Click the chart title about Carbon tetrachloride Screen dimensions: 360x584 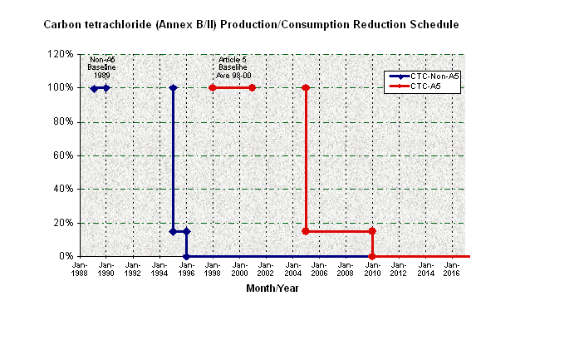click(251, 25)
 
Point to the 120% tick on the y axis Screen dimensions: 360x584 click(62, 54)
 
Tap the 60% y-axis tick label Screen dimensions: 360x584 click(65, 155)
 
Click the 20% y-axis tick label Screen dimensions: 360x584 click(65, 223)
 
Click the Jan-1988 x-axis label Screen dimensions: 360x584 click(79, 269)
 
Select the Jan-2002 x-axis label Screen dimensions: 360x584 click(265, 269)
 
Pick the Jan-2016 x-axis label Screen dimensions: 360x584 click(451, 269)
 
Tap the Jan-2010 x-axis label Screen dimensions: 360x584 click(371, 269)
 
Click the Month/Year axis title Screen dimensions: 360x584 click(272, 288)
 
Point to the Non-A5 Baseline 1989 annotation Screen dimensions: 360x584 click(102, 67)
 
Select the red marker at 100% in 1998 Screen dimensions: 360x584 click(213, 87)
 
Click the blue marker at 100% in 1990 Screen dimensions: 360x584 click(106, 87)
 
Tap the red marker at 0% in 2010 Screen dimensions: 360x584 click(372, 256)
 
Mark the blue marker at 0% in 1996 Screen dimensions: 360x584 click(186, 256)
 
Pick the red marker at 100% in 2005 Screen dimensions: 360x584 click(306, 87)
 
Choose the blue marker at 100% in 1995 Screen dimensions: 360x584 click(173, 87)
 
